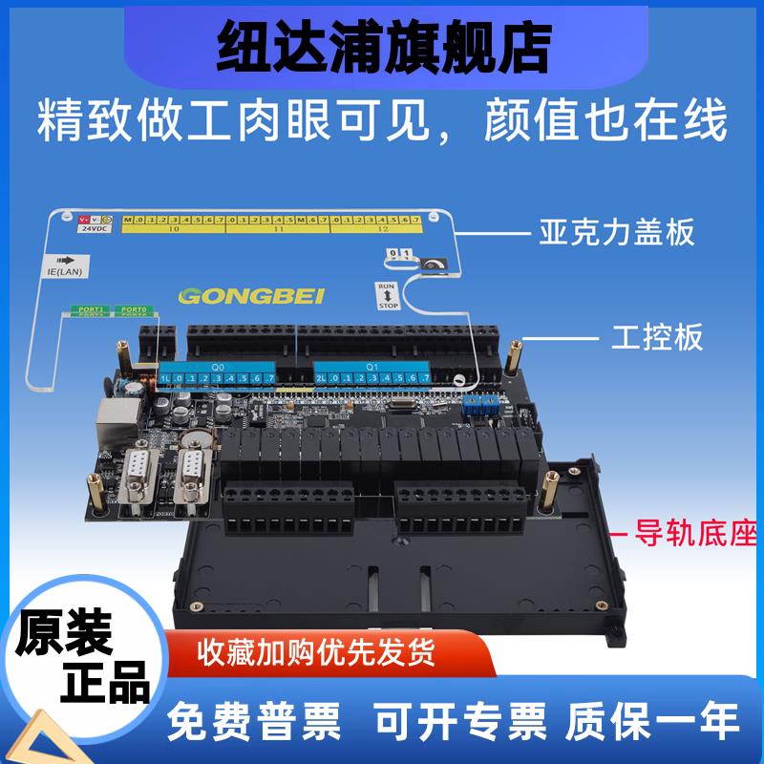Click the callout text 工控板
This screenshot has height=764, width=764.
point(656,336)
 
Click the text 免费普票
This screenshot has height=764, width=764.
point(254,721)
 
